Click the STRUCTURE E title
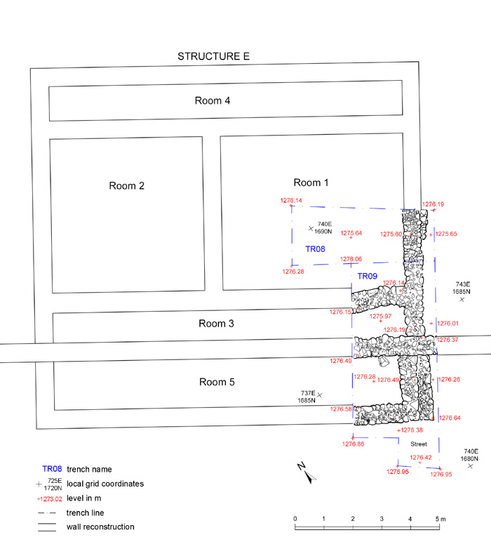coord(213,57)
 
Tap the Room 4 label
coord(213,100)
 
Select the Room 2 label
coord(127,186)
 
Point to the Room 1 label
coord(311,183)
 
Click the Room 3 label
coord(216,324)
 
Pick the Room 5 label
coord(217,383)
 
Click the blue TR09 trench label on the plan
coord(368,277)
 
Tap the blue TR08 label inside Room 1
coord(315,249)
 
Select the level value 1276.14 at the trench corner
coord(291,201)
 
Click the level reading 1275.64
coord(351,233)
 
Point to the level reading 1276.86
coord(353,444)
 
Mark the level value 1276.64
coord(450,418)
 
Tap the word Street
coord(418,444)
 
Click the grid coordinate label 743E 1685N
coord(461,287)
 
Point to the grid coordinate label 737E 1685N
coord(306,397)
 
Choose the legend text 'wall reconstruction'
coord(100,527)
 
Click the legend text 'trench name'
coord(89,469)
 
